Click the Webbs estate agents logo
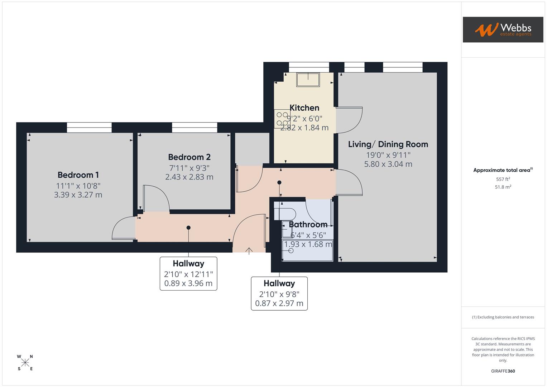pos(503,30)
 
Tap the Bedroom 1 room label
pos(78,175)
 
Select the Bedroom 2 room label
pos(189,157)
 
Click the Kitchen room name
pos(304,108)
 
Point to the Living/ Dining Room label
pos(388,144)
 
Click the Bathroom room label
pos(308,225)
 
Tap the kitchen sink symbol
pos(308,80)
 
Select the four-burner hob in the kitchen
pos(282,119)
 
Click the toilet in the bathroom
pos(285,214)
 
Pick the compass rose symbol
pos(25,363)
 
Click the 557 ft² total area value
pos(503,179)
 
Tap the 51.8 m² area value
pos(503,187)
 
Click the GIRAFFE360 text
pos(503,371)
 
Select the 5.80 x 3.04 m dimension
pos(388,164)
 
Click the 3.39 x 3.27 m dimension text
pos(78,195)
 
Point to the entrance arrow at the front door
pos(249,250)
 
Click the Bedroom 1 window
pos(89,128)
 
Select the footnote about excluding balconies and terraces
pos(503,317)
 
